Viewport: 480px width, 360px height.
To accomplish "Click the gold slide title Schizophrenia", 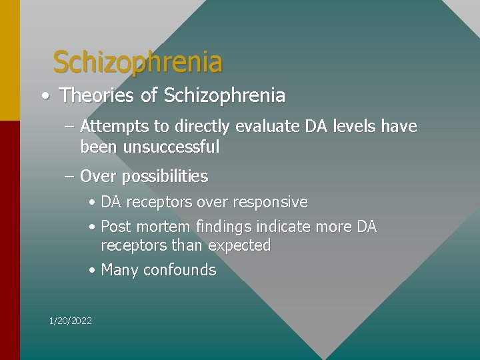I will [x=137, y=62].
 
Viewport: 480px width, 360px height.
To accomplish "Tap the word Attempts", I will [x=111, y=126].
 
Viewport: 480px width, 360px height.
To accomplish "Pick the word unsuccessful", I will [x=171, y=146].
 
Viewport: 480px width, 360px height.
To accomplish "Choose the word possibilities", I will [x=165, y=177].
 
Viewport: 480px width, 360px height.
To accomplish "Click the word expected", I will [x=239, y=245].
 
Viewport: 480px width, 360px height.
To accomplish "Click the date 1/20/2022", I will [x=71, y=321].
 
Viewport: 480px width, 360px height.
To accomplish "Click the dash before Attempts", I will [x=69, y=127].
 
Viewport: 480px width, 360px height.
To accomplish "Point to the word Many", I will [x=119, y=270].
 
